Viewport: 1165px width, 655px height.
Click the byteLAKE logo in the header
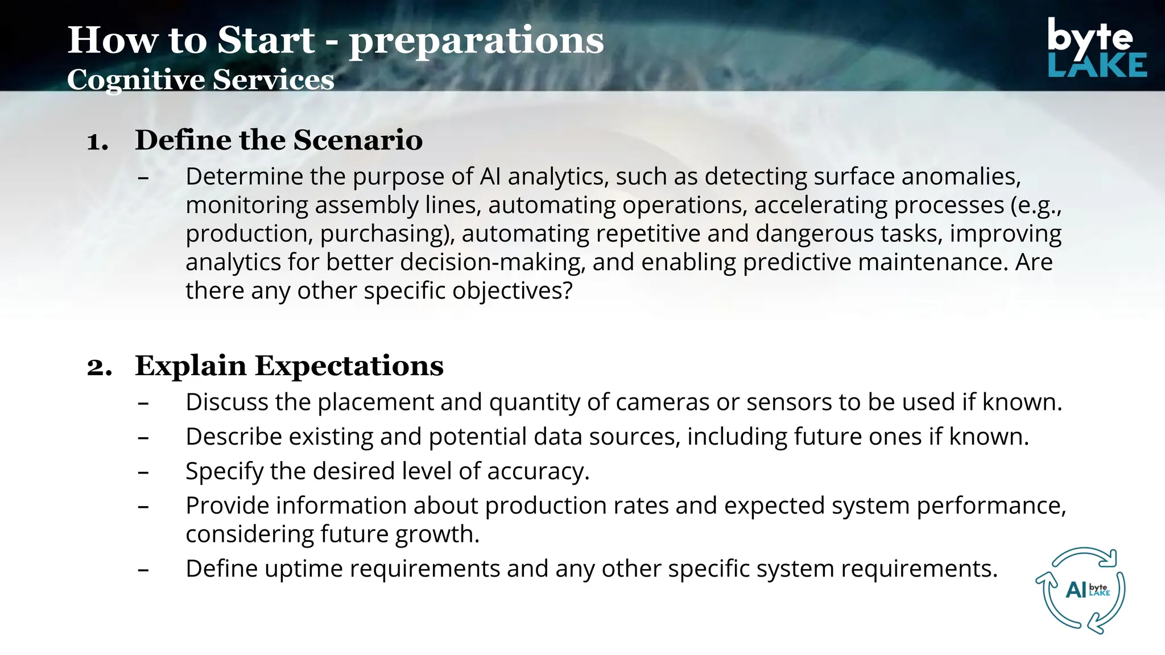(x=1096, y=48)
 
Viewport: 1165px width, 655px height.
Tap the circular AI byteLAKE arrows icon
(x=1084, y=590)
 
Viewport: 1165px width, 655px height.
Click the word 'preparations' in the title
(x=476, y=41)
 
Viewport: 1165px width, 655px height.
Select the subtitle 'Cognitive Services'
(x=200, y=80)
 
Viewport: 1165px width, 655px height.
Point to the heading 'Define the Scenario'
(x=279, y=140)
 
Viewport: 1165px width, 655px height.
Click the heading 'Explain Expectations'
(x=289, y=366)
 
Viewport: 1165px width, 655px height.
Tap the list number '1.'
(x=97, y=141)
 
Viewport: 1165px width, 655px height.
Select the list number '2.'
(x=99, y=367)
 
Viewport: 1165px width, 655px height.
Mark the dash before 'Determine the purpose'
(x=143, y=178)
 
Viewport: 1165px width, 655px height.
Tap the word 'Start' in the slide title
(x=266, y=41)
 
